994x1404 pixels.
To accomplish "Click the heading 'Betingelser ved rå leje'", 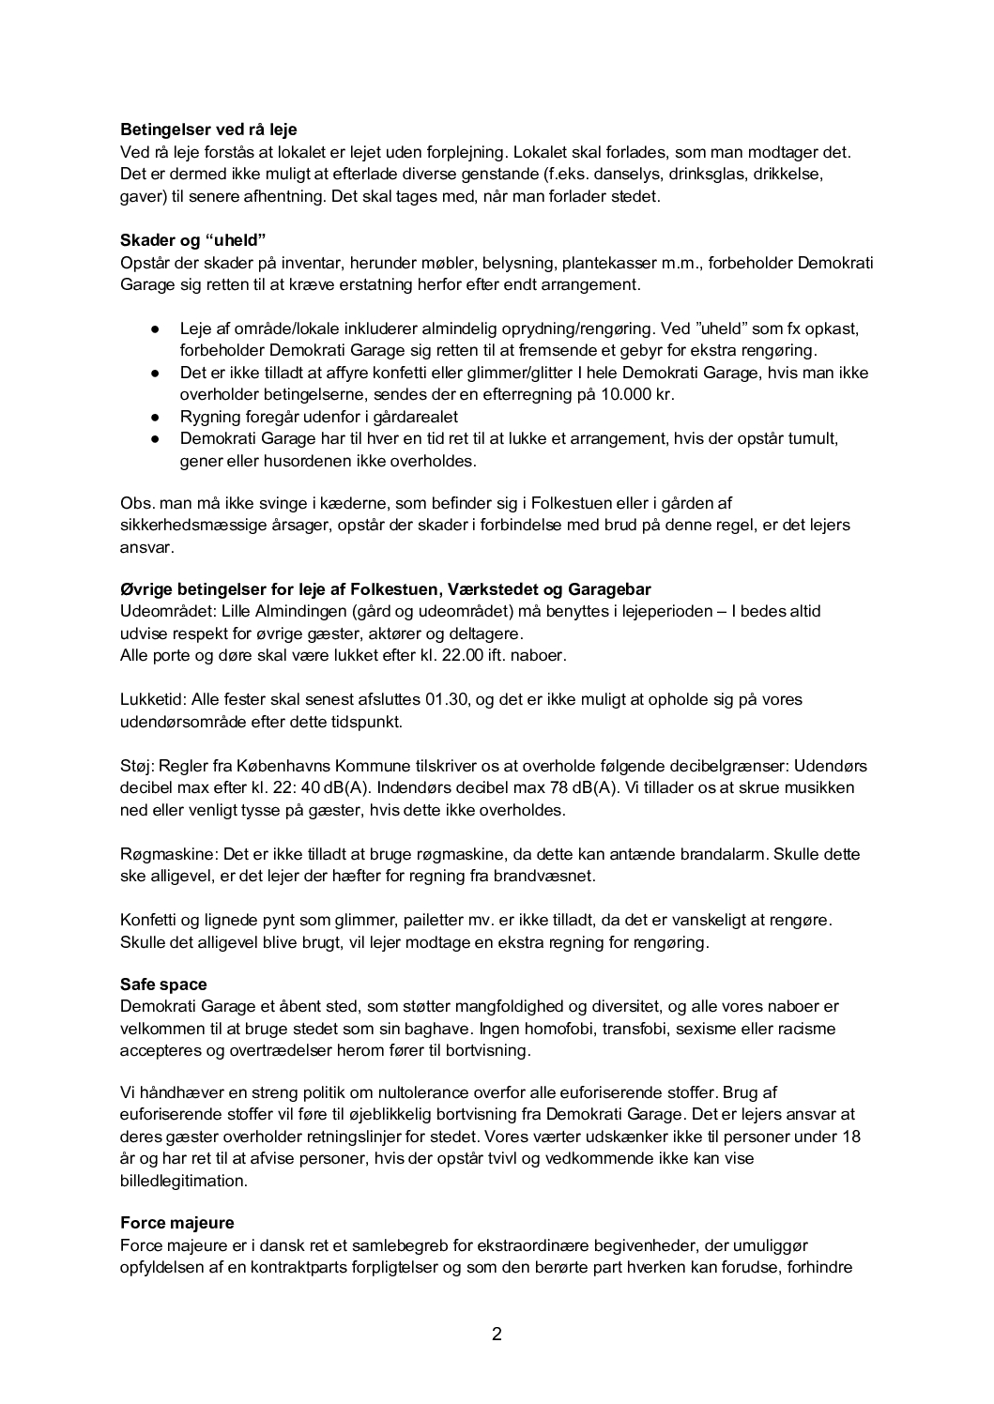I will coord(208,130).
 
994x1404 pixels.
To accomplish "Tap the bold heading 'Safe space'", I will coord(163,984).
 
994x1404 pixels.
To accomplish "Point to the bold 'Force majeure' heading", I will coord(177,1223).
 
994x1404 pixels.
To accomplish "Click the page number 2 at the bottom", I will coord(497,1334).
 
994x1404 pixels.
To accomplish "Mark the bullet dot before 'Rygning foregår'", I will coord(156,417).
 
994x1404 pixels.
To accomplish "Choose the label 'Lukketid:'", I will coord(153,699).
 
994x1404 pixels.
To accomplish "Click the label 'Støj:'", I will coord(138,766).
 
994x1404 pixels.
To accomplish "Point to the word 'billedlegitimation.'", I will coord(184,1181).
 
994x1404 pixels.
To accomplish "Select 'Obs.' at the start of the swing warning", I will coord(137,502).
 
